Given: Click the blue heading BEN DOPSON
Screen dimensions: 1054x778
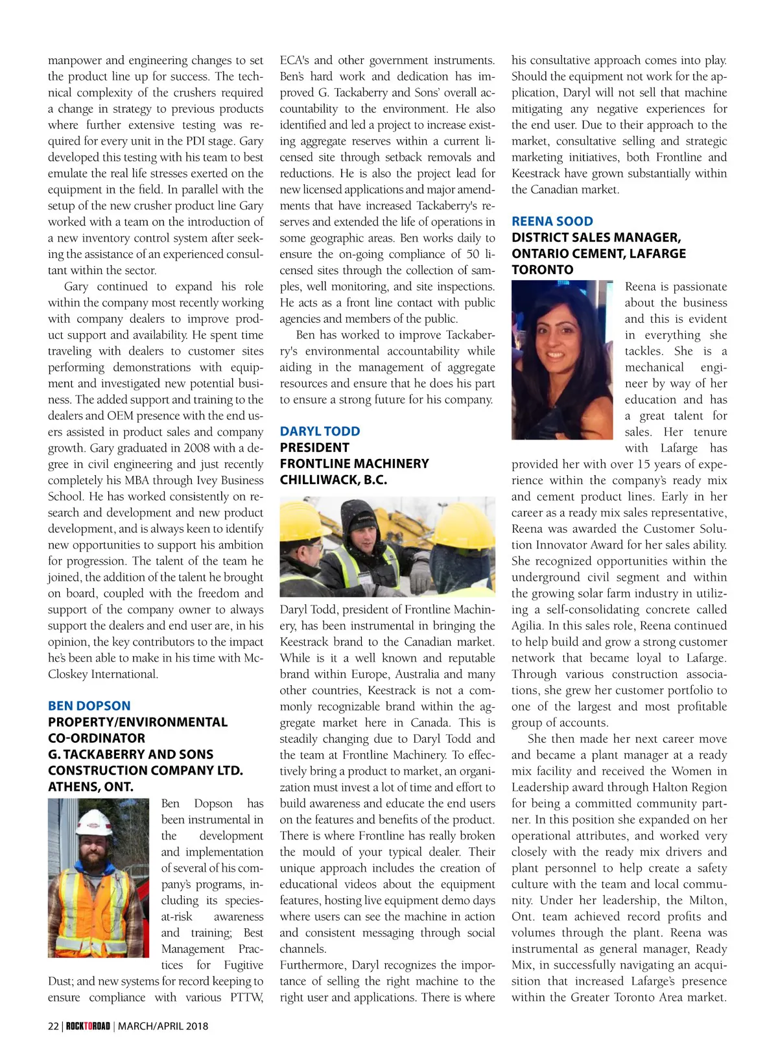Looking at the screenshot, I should pyautogui.click(x=89, y=706).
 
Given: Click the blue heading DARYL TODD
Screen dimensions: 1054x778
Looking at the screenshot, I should pyautogui.click(x=320, y=431).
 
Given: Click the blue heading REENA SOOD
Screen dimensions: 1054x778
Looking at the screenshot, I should pyautogui.click(x=552, y=221).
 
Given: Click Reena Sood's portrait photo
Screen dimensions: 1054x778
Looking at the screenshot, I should pyautogui.click(x=561, y=360).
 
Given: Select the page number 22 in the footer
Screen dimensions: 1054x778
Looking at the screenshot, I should pyautogui.click(x=53, y=1025).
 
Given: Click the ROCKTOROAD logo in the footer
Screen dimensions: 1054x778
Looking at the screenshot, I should pyautogui.click(x=88, y=1025).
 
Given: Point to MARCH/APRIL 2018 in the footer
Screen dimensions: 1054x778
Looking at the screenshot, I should pyautogui.click(x=163, y=1025).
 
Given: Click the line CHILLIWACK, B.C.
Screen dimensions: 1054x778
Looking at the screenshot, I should pyautogui.click(x=333, y=480).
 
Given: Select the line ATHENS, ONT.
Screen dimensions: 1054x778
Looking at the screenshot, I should pyautogui.click(x=91, y=786).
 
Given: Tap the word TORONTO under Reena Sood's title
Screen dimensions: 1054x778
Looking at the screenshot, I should pyautogui.click(x=542, y=270).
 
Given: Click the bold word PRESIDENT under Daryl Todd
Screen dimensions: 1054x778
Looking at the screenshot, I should pyautogui.click(x=314, y=447).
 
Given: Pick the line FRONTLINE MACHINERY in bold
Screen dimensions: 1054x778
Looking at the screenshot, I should pyautogui.click(x=354, y=463).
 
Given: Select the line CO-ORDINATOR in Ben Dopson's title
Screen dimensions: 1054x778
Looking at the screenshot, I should pyautogui.click(x=97, y=738).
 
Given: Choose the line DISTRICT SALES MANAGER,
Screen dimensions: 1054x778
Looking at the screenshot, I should pyautogui.click(x=596, y=237).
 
